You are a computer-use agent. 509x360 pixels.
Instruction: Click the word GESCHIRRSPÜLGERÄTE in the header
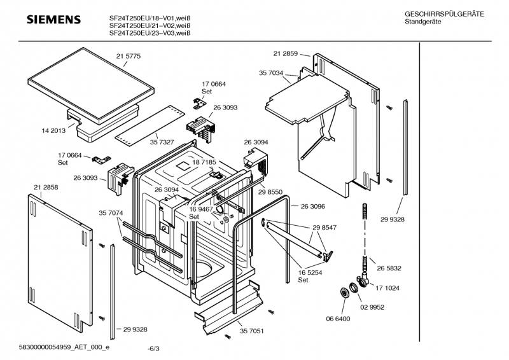(444, 14)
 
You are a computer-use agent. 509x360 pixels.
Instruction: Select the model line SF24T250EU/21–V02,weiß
(150, 25)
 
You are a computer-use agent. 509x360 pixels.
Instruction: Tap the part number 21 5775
(129, 57)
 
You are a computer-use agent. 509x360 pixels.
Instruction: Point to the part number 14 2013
(54, 130)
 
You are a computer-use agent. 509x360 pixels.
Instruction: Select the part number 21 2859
(286, 54)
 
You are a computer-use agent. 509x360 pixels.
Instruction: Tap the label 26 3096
(312, 206)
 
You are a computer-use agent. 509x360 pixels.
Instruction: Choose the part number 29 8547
(324, 227)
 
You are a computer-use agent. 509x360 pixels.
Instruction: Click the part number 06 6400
(338, 318)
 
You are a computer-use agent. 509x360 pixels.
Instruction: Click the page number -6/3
(153, 349)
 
